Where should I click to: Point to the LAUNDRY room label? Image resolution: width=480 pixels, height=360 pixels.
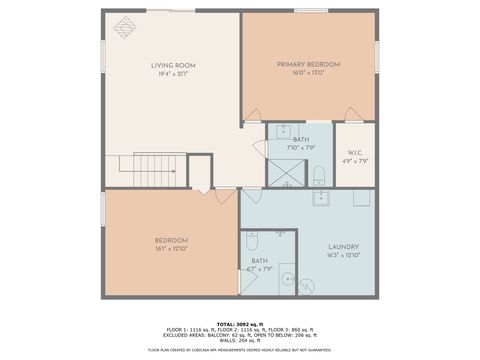(343, 247)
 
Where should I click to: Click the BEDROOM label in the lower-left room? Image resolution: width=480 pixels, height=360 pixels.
(170, 240)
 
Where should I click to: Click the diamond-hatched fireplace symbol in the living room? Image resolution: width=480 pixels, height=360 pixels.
(126, 27)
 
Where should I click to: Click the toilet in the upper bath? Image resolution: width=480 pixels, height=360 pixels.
(319, 177)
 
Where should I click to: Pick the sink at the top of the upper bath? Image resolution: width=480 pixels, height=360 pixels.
(283, 130)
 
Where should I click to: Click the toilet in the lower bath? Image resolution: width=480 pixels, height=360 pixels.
(252, 241)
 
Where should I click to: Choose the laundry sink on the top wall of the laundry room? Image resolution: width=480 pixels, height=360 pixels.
(321, 197)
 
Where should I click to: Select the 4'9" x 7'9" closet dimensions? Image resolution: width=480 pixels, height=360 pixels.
(355, 161)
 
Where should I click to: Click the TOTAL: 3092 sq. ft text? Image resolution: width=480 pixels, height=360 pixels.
(239, 322)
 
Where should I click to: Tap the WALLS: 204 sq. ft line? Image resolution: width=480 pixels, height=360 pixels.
(239, 339)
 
